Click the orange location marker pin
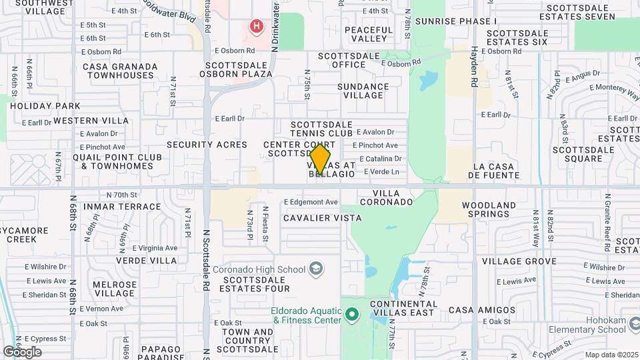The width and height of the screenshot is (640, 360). click(x=321, y=160)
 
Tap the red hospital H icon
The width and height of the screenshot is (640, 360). click(x=256, y=27)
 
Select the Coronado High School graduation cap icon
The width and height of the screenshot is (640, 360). click(x=316, y=269)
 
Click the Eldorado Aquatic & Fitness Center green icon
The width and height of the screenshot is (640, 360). click(x=351, y=313)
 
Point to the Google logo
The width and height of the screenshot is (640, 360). click(x=22, y=351)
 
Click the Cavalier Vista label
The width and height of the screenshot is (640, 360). click(x=322, y=218)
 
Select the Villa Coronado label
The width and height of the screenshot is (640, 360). click(x=385, y=201)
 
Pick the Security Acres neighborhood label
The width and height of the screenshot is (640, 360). click(x=207, y=145)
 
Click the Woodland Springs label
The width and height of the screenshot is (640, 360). click(x=489, y=210)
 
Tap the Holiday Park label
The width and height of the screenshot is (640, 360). click(x=45, y=106)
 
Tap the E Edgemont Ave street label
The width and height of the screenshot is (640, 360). click(x=311, y=202)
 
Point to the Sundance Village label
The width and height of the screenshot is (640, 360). click(x=363, y=91)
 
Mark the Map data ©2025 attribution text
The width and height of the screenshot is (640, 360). click(x=611, y=355)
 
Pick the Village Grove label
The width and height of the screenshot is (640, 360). click(x=519, y=261)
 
